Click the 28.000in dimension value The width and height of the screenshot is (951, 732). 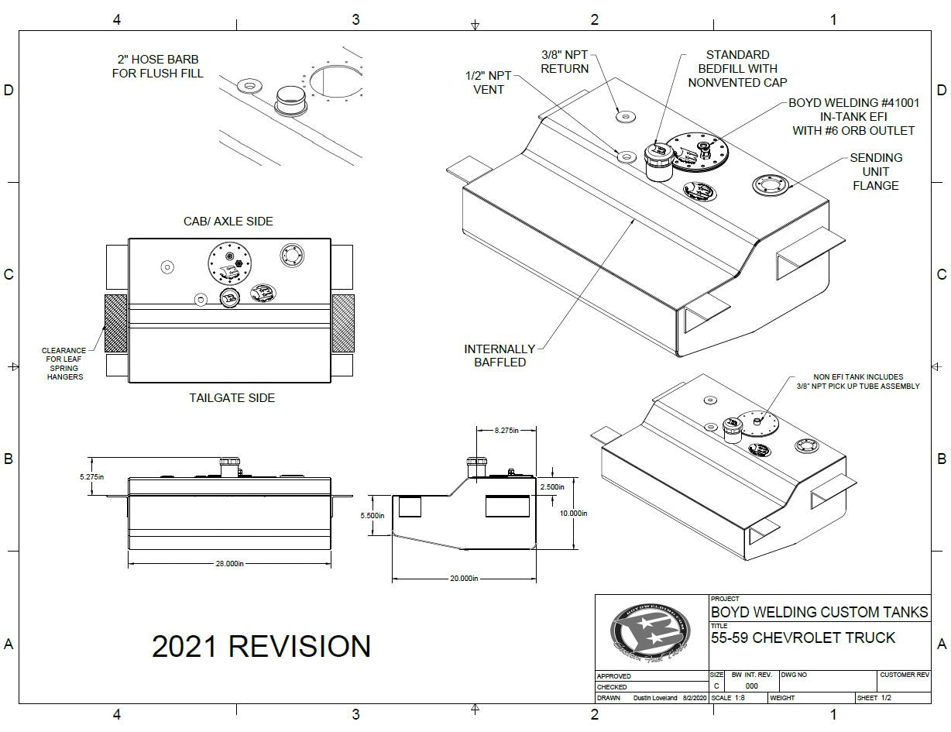pyautogui.click(x=230, y=564)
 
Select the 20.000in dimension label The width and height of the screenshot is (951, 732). pyautogui.click(x=464, y=578)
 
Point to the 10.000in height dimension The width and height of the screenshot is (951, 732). pyautogui.click(x=573, y=513)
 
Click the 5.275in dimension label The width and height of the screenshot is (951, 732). pyautogui.click(x=91, y=477)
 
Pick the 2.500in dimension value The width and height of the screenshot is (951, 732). pyautogui.click(x=551, y=486)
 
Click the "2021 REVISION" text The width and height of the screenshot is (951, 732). pyautogui.click(x=261, y=646)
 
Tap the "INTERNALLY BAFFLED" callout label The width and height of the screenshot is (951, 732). pyautogui.click(x=500, y=356)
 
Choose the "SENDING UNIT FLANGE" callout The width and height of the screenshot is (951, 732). pyautogui.click(x=876, y=171)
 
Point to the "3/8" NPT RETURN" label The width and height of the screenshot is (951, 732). pyautogui.click(x=565, y=61)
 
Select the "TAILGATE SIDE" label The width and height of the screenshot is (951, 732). pyautogui.click(x=232, y=398)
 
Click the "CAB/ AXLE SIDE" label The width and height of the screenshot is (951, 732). pyautogui.click(x=228, y=222)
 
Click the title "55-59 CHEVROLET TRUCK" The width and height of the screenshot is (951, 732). pyautogui.click(x=803, y=638)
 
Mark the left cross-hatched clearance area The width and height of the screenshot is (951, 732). pyautogui.click(x=116, y=323)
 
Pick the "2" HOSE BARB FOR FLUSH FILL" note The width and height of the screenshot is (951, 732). pyautogui.click(x=158, y=67)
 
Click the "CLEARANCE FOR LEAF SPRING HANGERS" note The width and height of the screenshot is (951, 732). pyautogui.click(x=64, y=363)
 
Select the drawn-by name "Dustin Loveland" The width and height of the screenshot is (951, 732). pyautogui.click(x=656, y=698)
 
